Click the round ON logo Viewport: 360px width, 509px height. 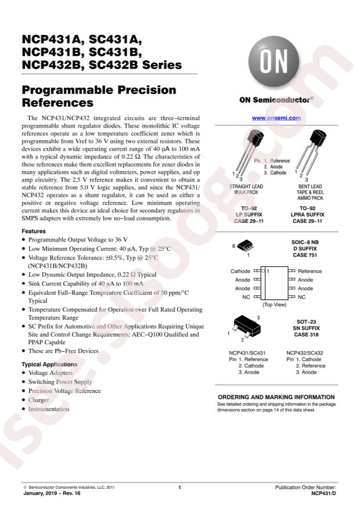pos(273,62)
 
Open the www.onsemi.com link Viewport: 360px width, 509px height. pos(276,118)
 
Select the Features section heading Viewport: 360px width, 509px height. pos(34,231)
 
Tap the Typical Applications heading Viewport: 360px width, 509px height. pos(49,364)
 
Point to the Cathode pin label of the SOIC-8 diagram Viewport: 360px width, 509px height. pos(240,271)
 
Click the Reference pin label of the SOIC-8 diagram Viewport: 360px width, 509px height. pos(309,271)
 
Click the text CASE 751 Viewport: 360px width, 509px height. pos(305,255)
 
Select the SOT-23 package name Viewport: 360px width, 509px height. pos(306,322)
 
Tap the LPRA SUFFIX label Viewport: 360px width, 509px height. pos(307,215)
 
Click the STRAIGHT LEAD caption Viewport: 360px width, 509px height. pos(246,186)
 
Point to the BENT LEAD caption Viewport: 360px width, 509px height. pos(310,186)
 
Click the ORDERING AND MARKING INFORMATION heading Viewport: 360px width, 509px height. pos(276,397)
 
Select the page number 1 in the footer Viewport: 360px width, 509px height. pos(179,488)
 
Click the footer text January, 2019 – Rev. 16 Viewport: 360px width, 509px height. pos(52,493)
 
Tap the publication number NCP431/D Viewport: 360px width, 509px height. pos(323,493)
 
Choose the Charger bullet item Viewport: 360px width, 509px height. pos(38,400)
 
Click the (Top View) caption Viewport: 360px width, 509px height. pos(274,305)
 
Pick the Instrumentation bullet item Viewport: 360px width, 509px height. pos(48,409)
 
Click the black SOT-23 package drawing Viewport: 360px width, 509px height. pos(247,326)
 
